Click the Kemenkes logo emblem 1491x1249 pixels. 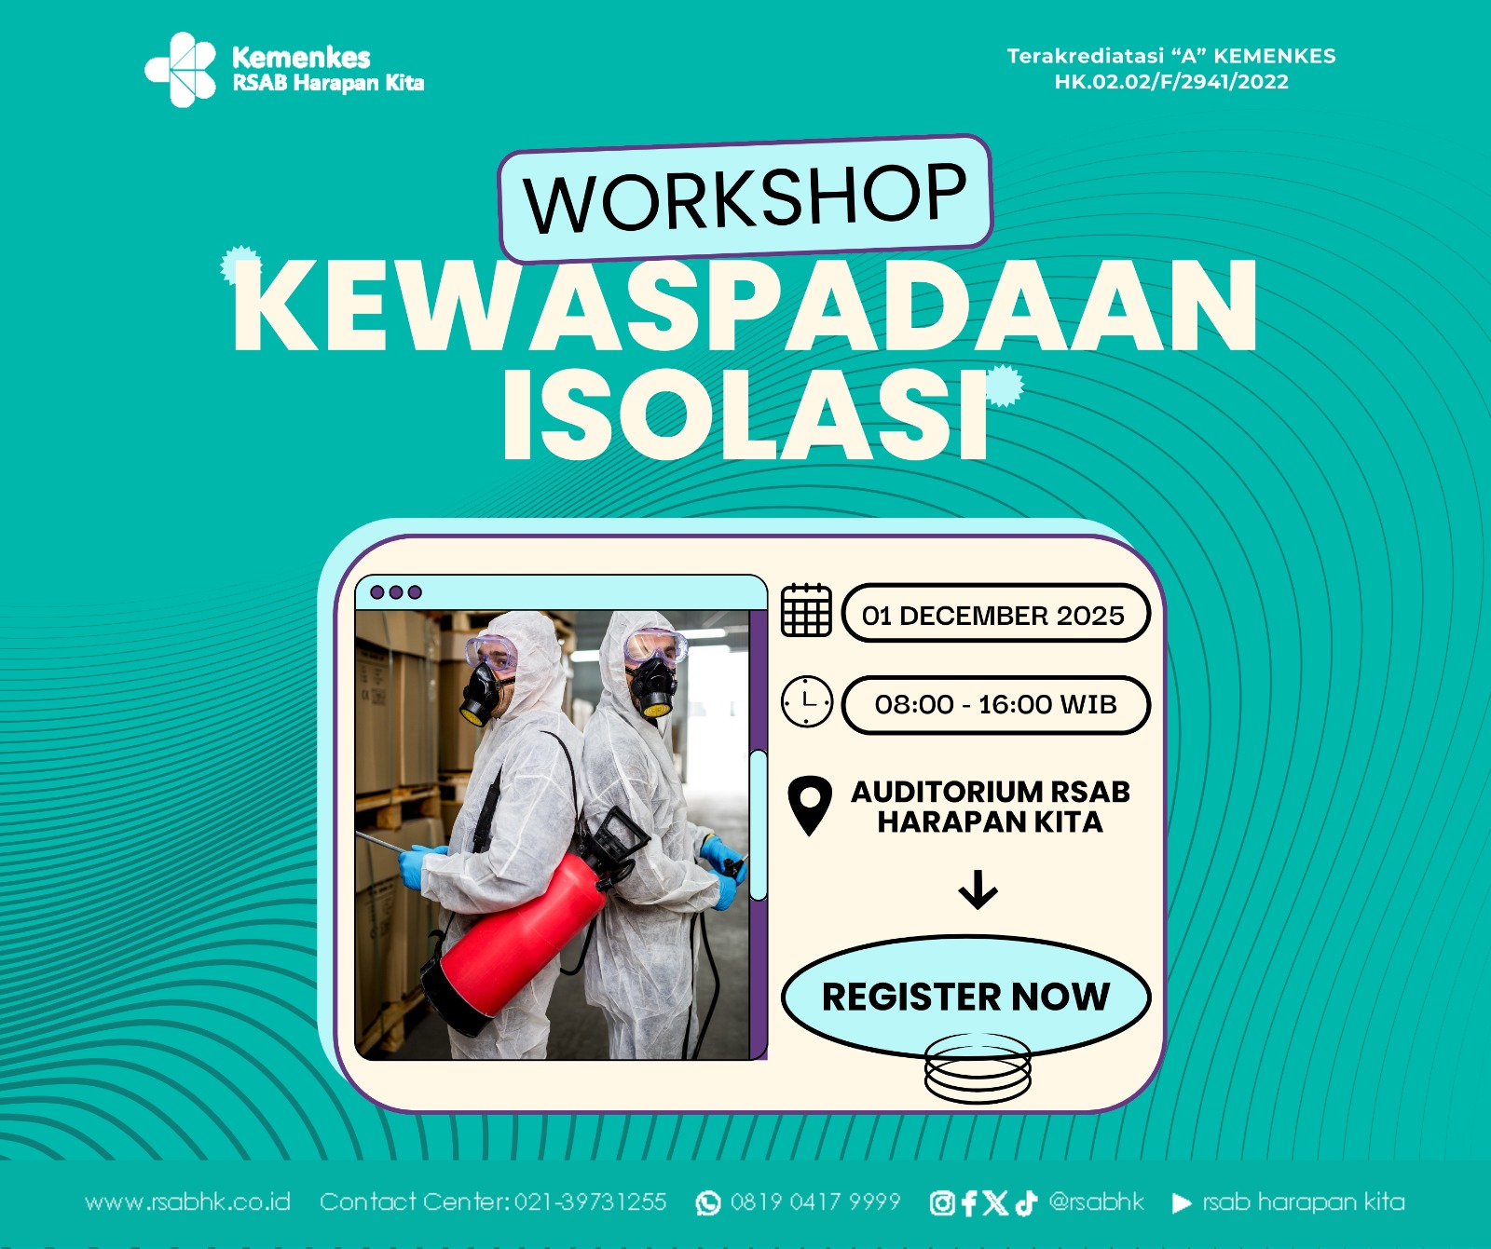pyautogui.click(x=181, y=69)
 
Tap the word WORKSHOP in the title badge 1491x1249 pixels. pyautogui.click(x=745, y=197)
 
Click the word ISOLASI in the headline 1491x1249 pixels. pyautogui.click(x=745, y=415)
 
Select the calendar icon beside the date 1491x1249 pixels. pyautogui.click(x=806, y=611)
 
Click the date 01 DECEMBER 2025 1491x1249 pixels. pyautogui.click(x=993, y=615)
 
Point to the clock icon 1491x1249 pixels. pyautogui.click(x=806, y=702)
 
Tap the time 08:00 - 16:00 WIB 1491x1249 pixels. pyautogui.click(x=995, y=704)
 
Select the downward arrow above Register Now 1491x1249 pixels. pyautogui.click(x=978, y=889)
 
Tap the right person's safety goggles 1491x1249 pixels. pyautogui.click(x=655, y=646)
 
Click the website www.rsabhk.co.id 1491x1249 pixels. pyautogui.click(x=187, y=1202)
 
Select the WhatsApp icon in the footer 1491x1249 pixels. pyautogui.click(x=708, y=1203)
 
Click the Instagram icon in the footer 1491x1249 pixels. pyautogui.click(x=941, y=1203)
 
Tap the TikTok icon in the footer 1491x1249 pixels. pyautogui.click(x=1026, y=1203)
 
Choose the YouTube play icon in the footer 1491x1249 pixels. pyautogui.click(x=1181, y=1203)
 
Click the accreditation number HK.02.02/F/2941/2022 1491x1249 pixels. pyautogui.click(x=1171, y=82)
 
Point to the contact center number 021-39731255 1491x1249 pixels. pyautogui.click(x=590, y=1202)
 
